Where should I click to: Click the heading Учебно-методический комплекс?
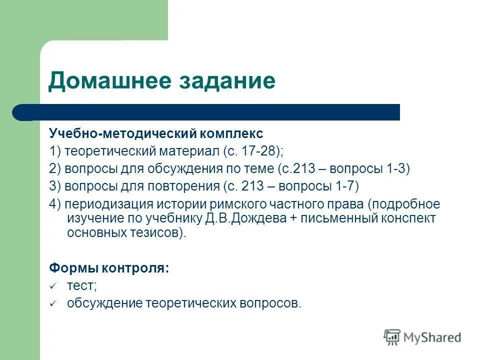click(155, 134)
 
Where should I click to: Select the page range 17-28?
click(257, 151)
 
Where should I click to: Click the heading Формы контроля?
click(109, 267)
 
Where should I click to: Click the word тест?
click(81, 285)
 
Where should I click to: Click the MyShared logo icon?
click(392, 337)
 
